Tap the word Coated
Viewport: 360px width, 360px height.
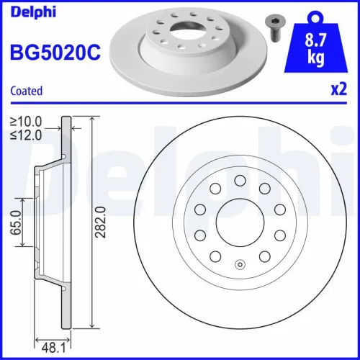click(x=26, y=91)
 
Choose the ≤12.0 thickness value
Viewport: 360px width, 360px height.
click(x=26, y=134)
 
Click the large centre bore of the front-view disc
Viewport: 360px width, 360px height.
click(x=240, y=222)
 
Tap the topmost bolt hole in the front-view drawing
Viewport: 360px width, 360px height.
click(x=240, y=179)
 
